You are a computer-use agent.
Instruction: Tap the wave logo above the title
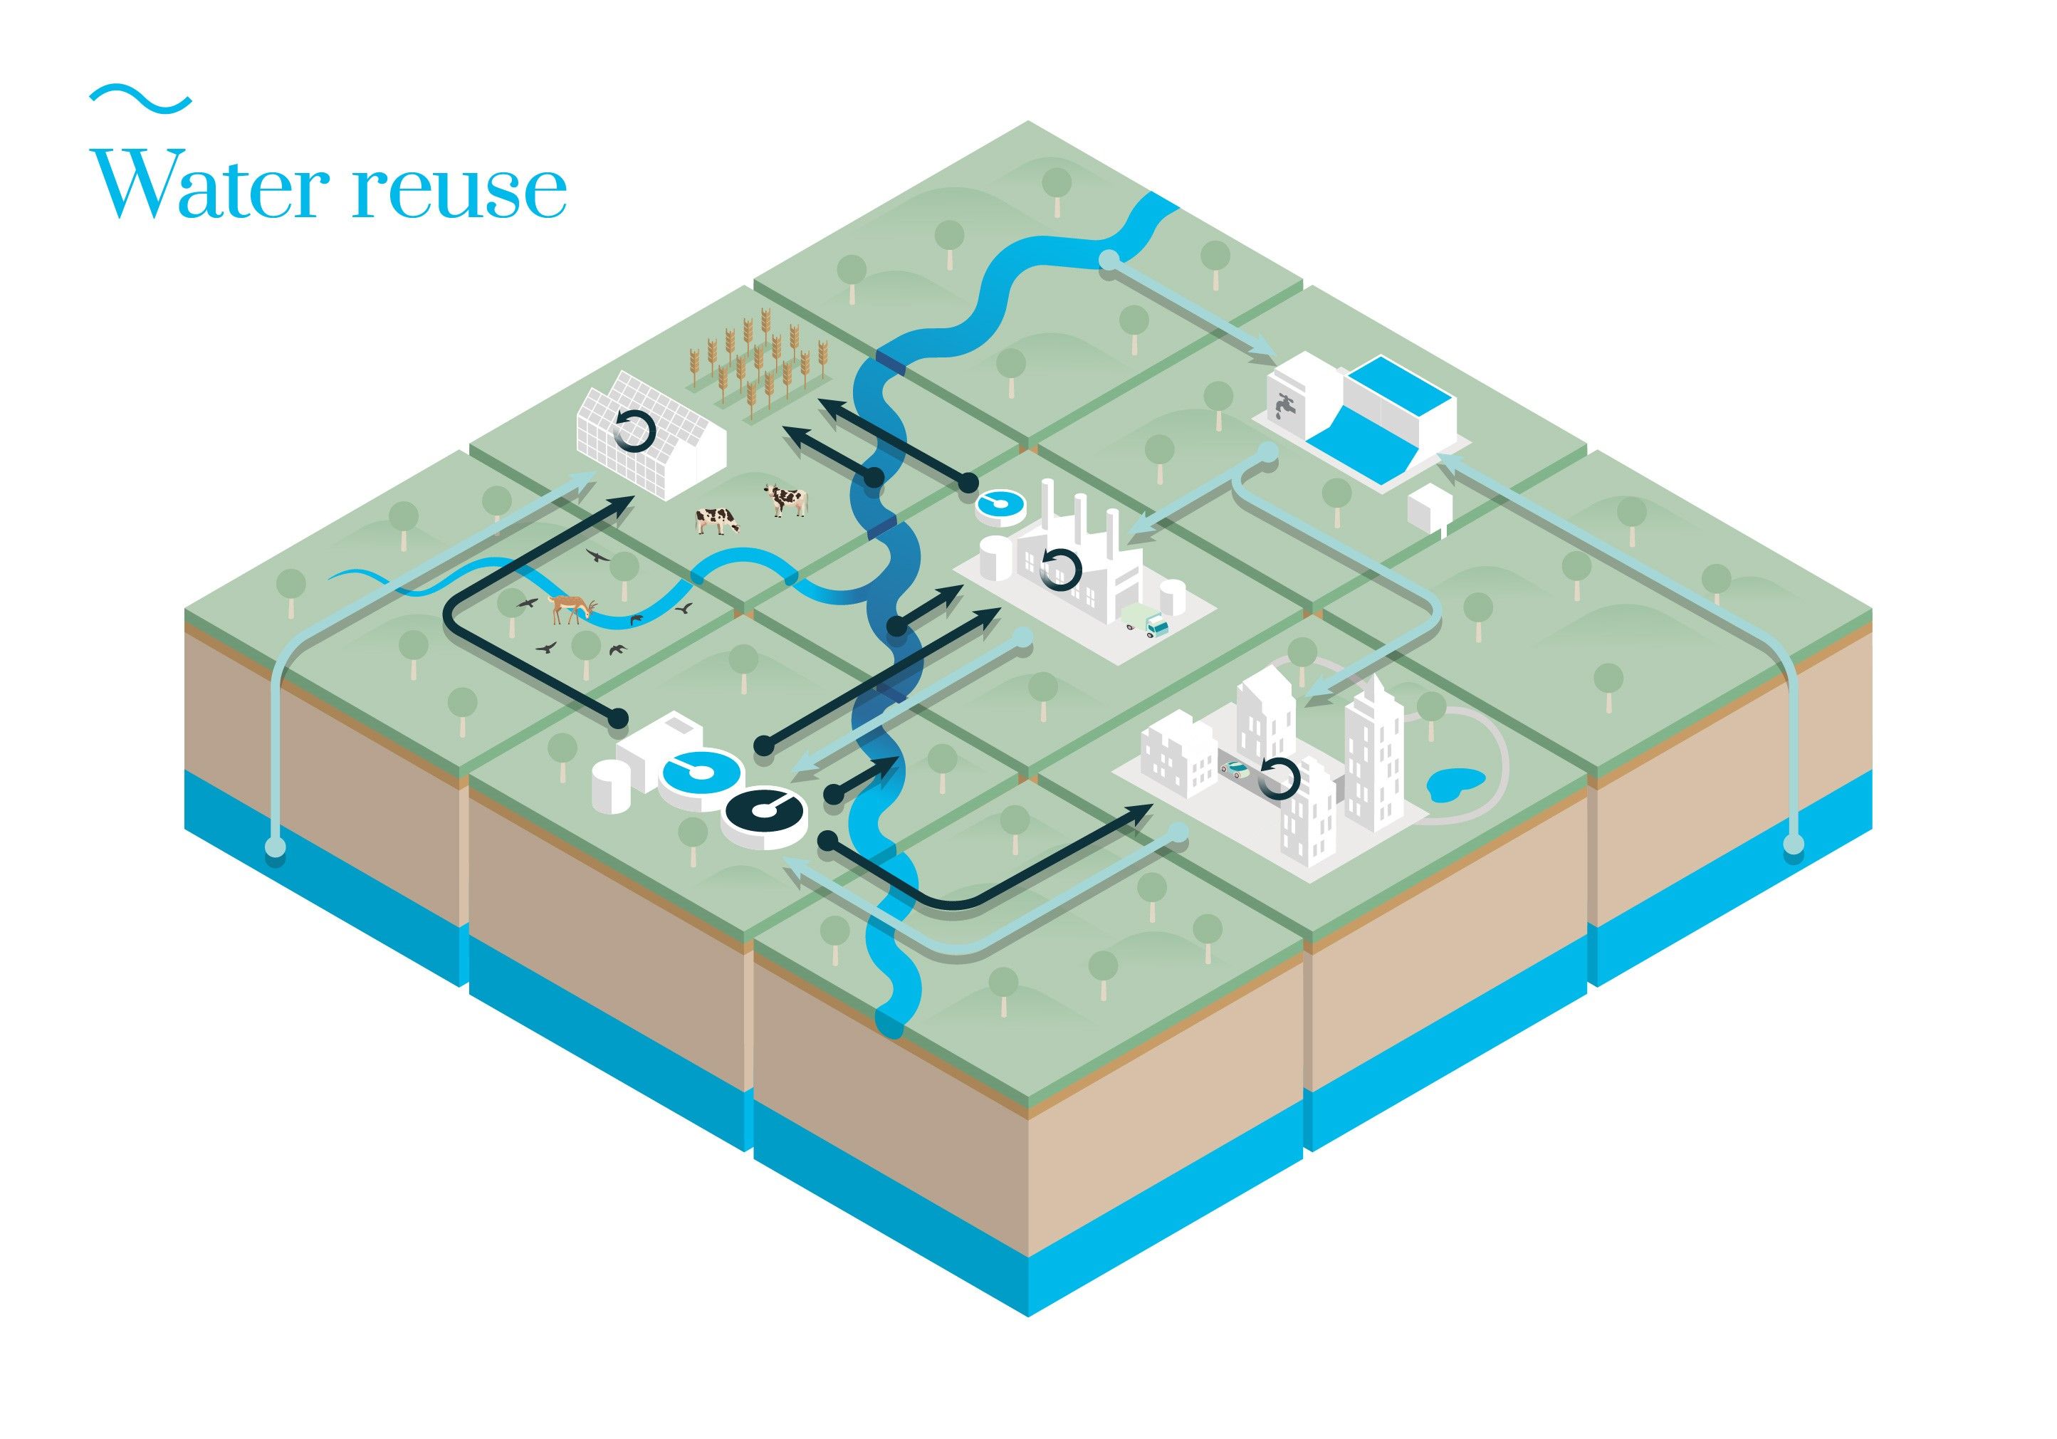(x=141, y=98)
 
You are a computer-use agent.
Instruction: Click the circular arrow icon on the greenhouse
(x=635, y=430)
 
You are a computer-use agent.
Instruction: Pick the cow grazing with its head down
(x=718, y=520)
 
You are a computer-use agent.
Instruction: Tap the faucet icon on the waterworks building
(x=1287, y=406)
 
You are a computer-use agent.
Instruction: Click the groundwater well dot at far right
(x=1793, y=843)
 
